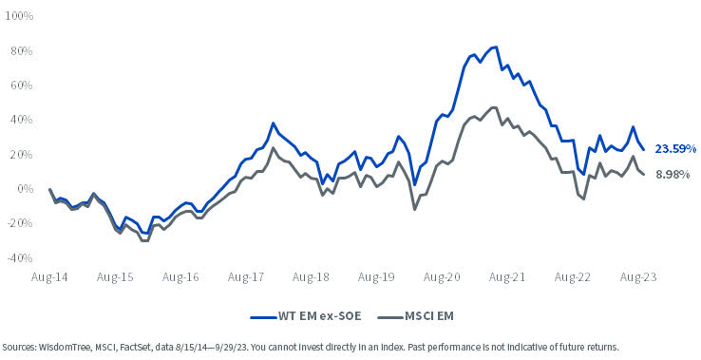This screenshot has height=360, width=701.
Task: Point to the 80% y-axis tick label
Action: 20,51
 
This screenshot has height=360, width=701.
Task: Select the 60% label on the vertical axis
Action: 20,85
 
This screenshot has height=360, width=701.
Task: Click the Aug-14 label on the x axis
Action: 49,276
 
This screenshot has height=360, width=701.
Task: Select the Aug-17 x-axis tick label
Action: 245,276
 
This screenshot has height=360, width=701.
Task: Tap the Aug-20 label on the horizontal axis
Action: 441,276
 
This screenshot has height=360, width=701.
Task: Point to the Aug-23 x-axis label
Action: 636,276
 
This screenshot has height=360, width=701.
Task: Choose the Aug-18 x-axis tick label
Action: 311,276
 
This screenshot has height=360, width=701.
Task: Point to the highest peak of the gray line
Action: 494,107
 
